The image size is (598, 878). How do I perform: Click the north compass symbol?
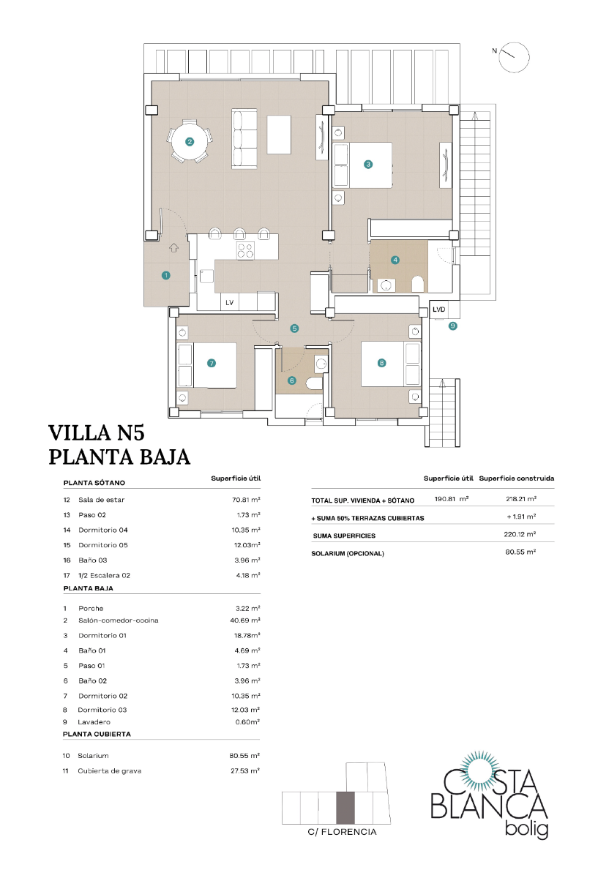(x=514, y=56)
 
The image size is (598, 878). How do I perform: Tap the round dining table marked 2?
(x=190, y=142)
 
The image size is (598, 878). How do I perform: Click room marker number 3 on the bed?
(x=368, y=165)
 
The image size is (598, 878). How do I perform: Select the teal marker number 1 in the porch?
(x=166, y=275)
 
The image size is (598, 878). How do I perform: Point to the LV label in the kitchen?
(x=229, y=301)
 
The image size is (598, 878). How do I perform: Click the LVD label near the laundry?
(x=438, y=309)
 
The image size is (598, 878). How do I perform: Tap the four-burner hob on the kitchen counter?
(x=245, y=251)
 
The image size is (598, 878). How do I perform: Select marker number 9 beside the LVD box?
(x=453, y=326)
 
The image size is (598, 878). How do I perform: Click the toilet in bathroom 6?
(x=313, y=385)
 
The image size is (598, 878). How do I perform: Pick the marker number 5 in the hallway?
(x=294, y=329)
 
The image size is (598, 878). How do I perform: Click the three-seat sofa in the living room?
(x=244, y=138)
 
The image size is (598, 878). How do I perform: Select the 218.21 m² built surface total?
(x=521, y=500)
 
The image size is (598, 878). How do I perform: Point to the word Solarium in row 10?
(x=93, y=755)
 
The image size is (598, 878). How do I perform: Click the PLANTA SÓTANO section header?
(x=94, y=483)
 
